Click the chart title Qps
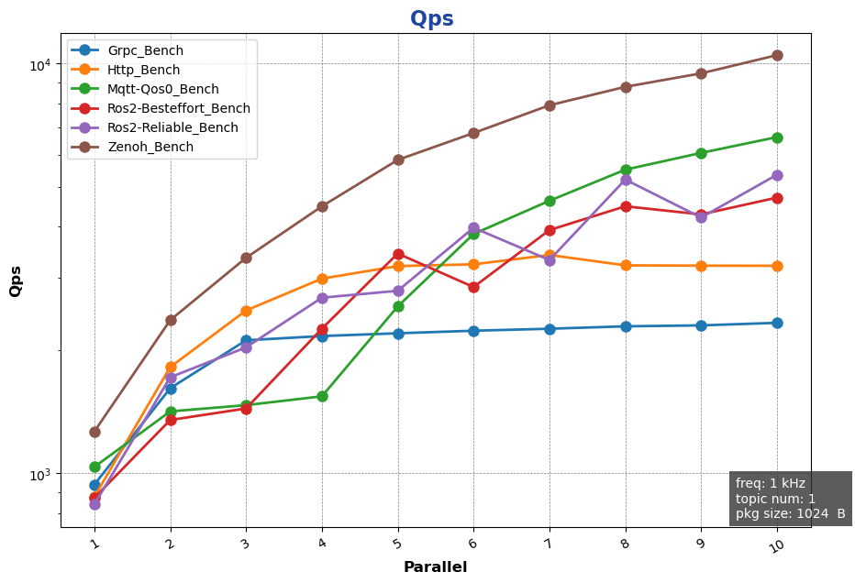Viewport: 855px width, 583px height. (431, 19)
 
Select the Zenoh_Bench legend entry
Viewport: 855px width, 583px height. (149, 147)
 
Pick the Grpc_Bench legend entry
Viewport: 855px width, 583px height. (144, 50)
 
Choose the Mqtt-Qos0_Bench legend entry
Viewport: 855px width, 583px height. (162, 89)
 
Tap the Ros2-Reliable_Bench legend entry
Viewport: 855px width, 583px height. (172, 127)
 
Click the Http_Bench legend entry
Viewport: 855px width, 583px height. (143, 70)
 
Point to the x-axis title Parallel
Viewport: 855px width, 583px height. (435, 567)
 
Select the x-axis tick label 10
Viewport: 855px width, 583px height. (776, 545)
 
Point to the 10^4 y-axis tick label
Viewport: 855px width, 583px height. (40, 64)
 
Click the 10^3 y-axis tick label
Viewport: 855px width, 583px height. (40, 474)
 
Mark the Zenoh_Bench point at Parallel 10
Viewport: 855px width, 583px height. (777, 55)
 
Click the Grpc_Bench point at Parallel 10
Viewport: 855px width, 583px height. (777, 323)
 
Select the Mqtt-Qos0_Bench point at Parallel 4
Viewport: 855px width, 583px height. (322, 396)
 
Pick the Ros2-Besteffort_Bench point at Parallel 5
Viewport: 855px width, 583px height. (398, 254)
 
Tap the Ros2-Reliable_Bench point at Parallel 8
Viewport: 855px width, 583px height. (626, 180)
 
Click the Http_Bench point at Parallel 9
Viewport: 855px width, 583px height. (701, 266)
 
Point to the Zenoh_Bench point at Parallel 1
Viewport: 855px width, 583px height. (94, 432)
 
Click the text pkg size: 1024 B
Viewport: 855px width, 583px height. (790, 514)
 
